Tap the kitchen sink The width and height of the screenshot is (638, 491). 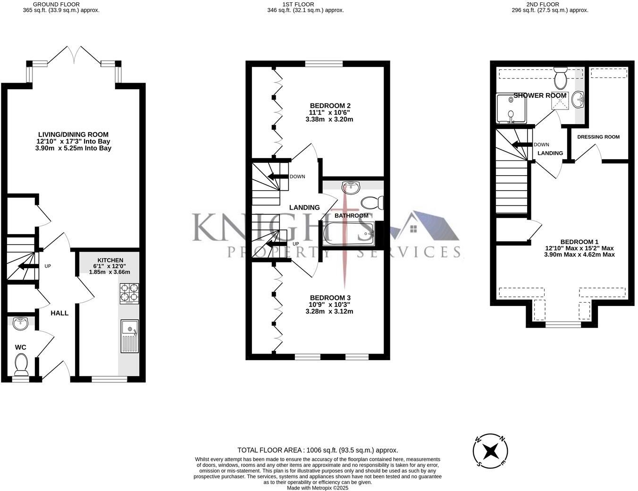click(x=130, y=336)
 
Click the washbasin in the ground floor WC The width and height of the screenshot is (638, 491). click(x=20, y=324)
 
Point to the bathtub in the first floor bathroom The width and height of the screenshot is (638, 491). click(x=348, y=234)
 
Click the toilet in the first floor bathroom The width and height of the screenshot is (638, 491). click(x=372, y=203)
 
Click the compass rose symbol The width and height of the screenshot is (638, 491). click(x=491, y=451)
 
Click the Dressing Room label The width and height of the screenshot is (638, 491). click(x=598, y=137)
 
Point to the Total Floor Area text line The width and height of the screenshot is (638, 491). click(x=318, y=450)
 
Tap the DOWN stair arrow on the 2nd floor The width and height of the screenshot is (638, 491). click(x=522, y=144)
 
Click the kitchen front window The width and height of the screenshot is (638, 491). click(x=109, y=379)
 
